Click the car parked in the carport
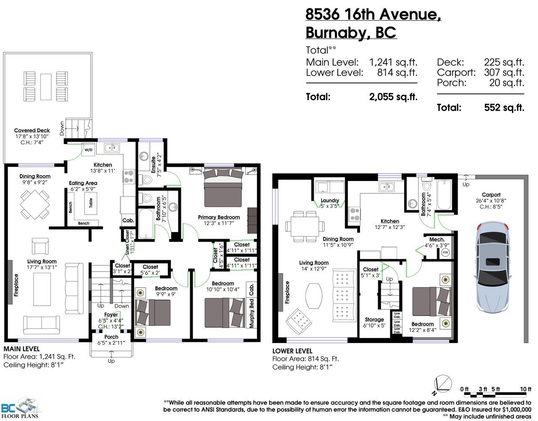point(493,266)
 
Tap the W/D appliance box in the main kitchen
point(88,150)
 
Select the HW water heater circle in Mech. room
point(445,253)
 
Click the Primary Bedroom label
point(219,217)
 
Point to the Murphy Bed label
point(252,313)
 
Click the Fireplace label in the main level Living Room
point(16,285)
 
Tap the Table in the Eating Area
point(90,203)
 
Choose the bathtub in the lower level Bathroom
point(445,195)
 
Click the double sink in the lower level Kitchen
point(387,187)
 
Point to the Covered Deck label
point(32,131)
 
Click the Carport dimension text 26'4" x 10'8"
point(491,200)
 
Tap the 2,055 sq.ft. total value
point(393,97)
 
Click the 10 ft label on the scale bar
point(526,389)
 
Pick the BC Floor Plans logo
point(20,407)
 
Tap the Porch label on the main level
point(111,337)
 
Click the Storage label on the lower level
point(374,320)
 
